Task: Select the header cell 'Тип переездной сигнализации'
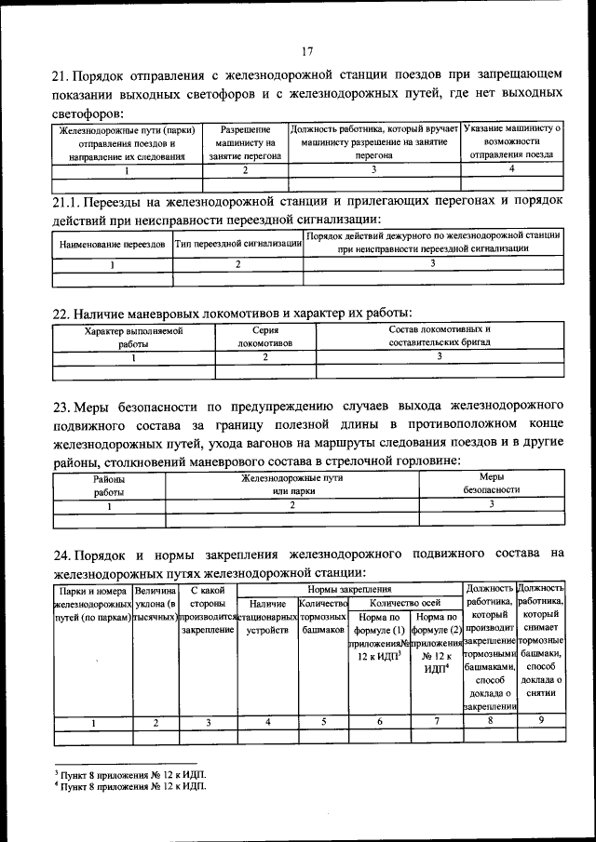point(237,244)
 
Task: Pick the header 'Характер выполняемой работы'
point(133,337)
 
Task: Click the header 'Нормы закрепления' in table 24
point(349,590)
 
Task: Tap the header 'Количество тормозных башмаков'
point(322,617)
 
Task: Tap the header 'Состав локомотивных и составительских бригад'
point(439,337)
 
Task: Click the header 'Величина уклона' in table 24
point(156,603)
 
